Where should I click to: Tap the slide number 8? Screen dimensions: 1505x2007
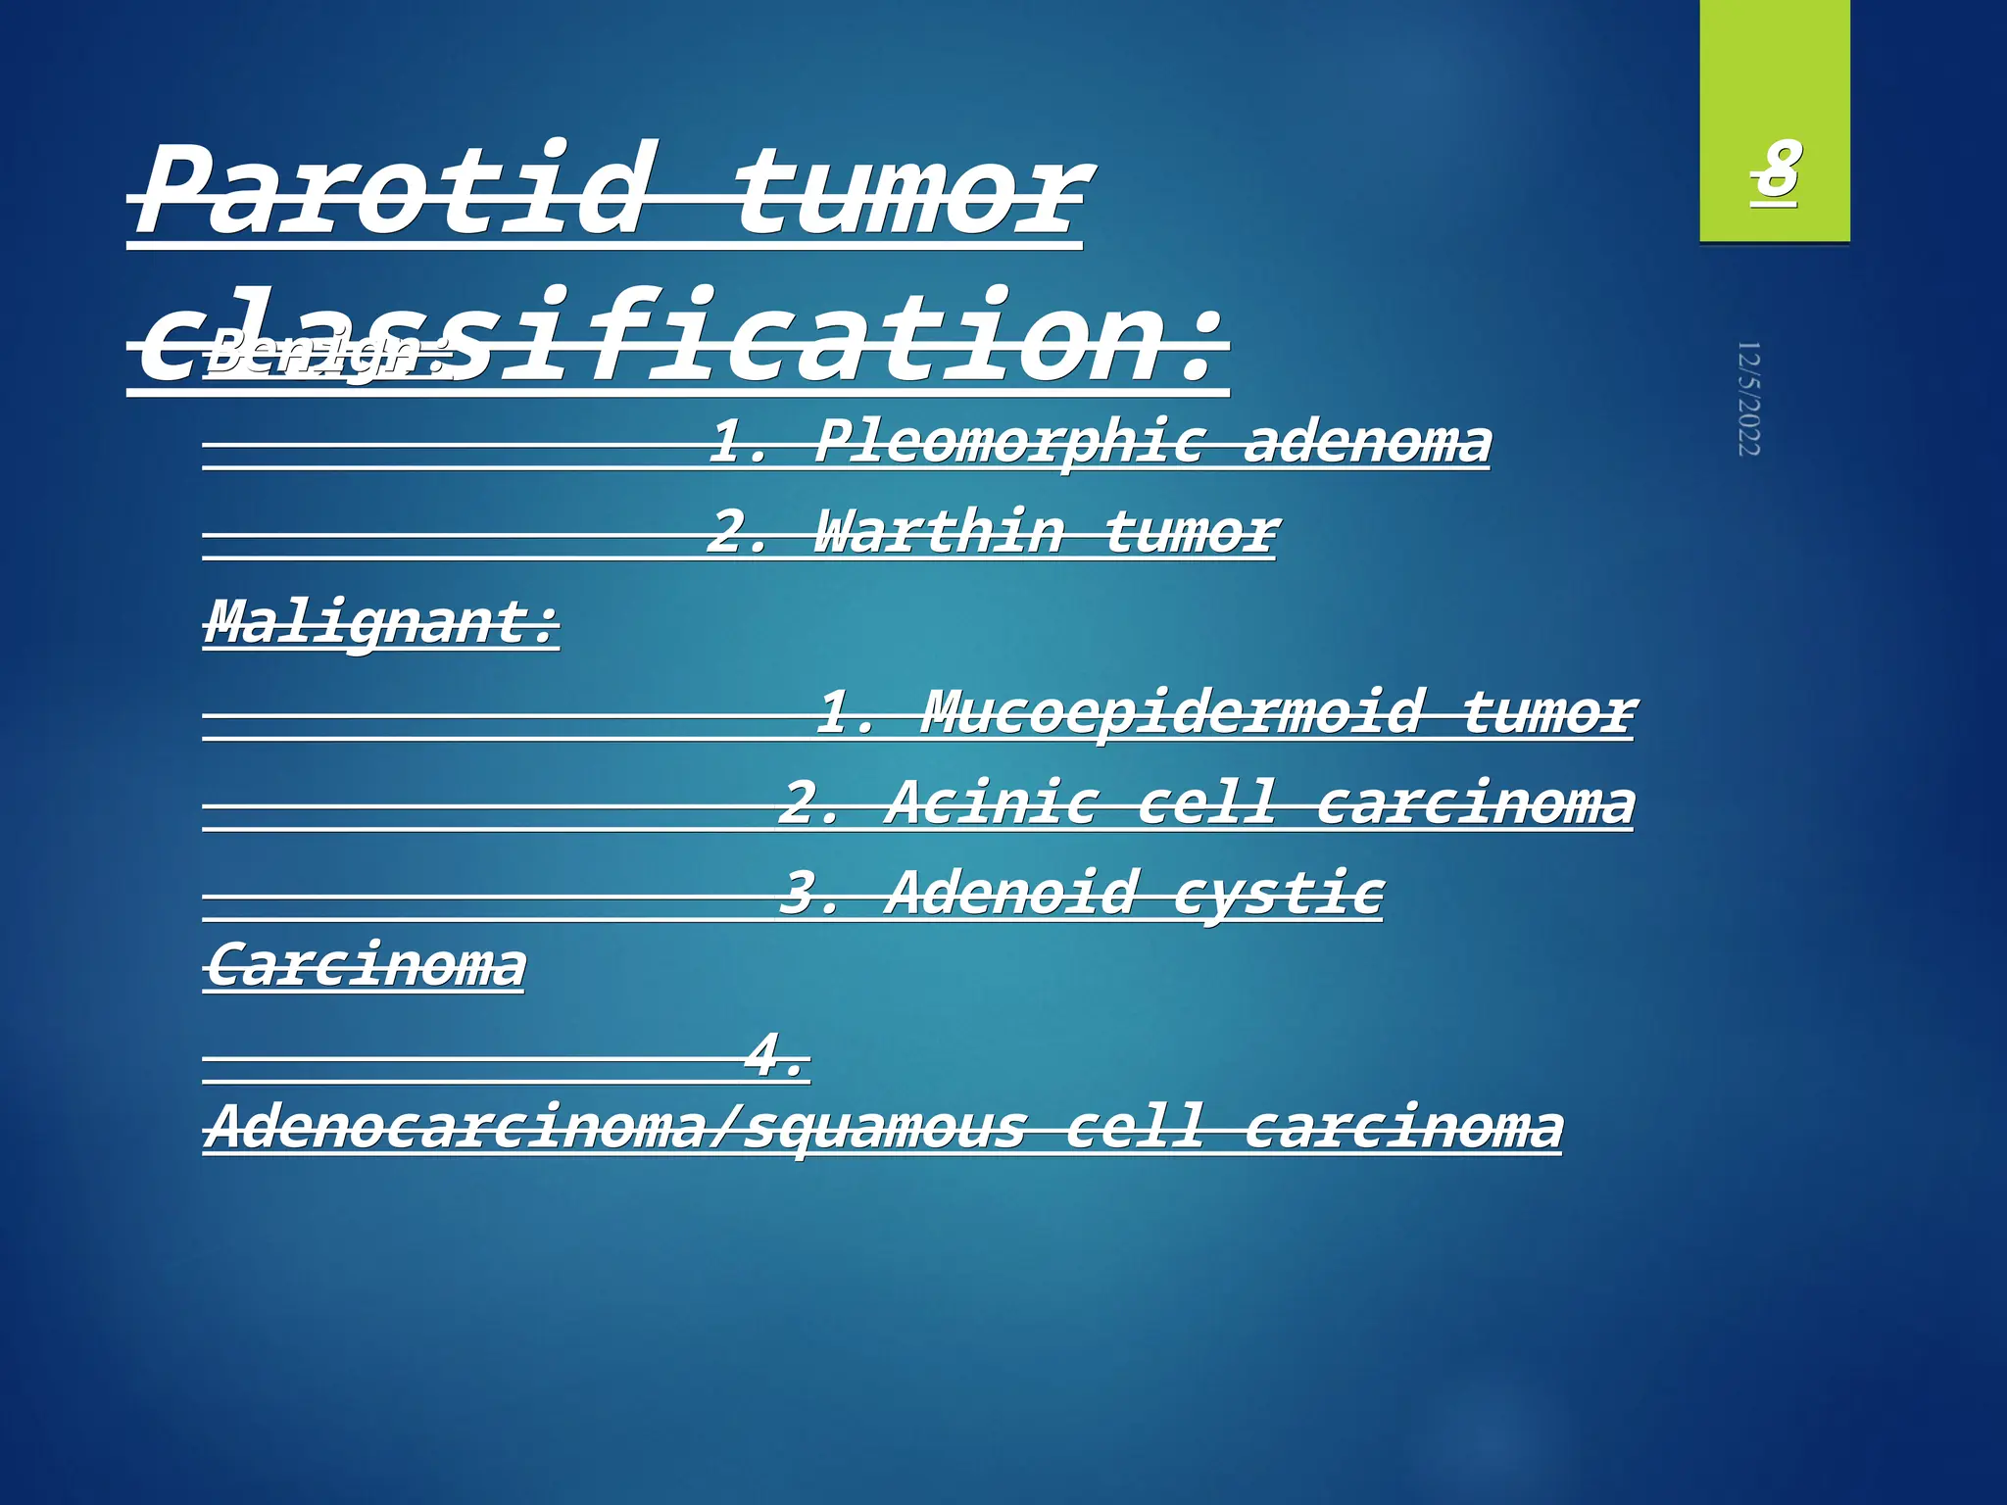(1775, 171)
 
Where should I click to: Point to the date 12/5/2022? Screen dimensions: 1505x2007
(1749, 399)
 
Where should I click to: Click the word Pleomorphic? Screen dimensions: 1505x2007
(1009, 443)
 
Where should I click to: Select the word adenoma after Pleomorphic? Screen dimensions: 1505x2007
(1367, 443)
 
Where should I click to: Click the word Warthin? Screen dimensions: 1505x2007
(939, 533)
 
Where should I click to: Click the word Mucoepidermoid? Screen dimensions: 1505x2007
(1171, 713)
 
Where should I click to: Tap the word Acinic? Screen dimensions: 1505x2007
(990, 803)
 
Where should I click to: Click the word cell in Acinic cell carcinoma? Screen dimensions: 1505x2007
(1207, 803)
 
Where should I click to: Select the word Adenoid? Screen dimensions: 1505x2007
(1009, 894)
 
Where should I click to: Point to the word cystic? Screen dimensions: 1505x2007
(1278, 894)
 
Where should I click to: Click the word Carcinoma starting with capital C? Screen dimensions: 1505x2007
(366, 966)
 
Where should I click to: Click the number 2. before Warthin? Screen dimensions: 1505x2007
(737, 533)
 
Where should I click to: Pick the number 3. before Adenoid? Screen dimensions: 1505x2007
(809, 894)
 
